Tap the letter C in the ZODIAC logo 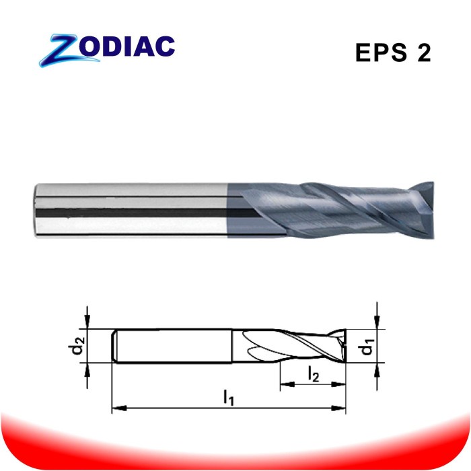point(164,46)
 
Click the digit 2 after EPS point(423,53)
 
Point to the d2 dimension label point(79,346)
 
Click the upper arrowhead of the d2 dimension point(87,324)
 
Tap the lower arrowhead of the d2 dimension point(87,368)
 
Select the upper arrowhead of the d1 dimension point(377,324)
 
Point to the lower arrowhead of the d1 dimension point(377,368)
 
